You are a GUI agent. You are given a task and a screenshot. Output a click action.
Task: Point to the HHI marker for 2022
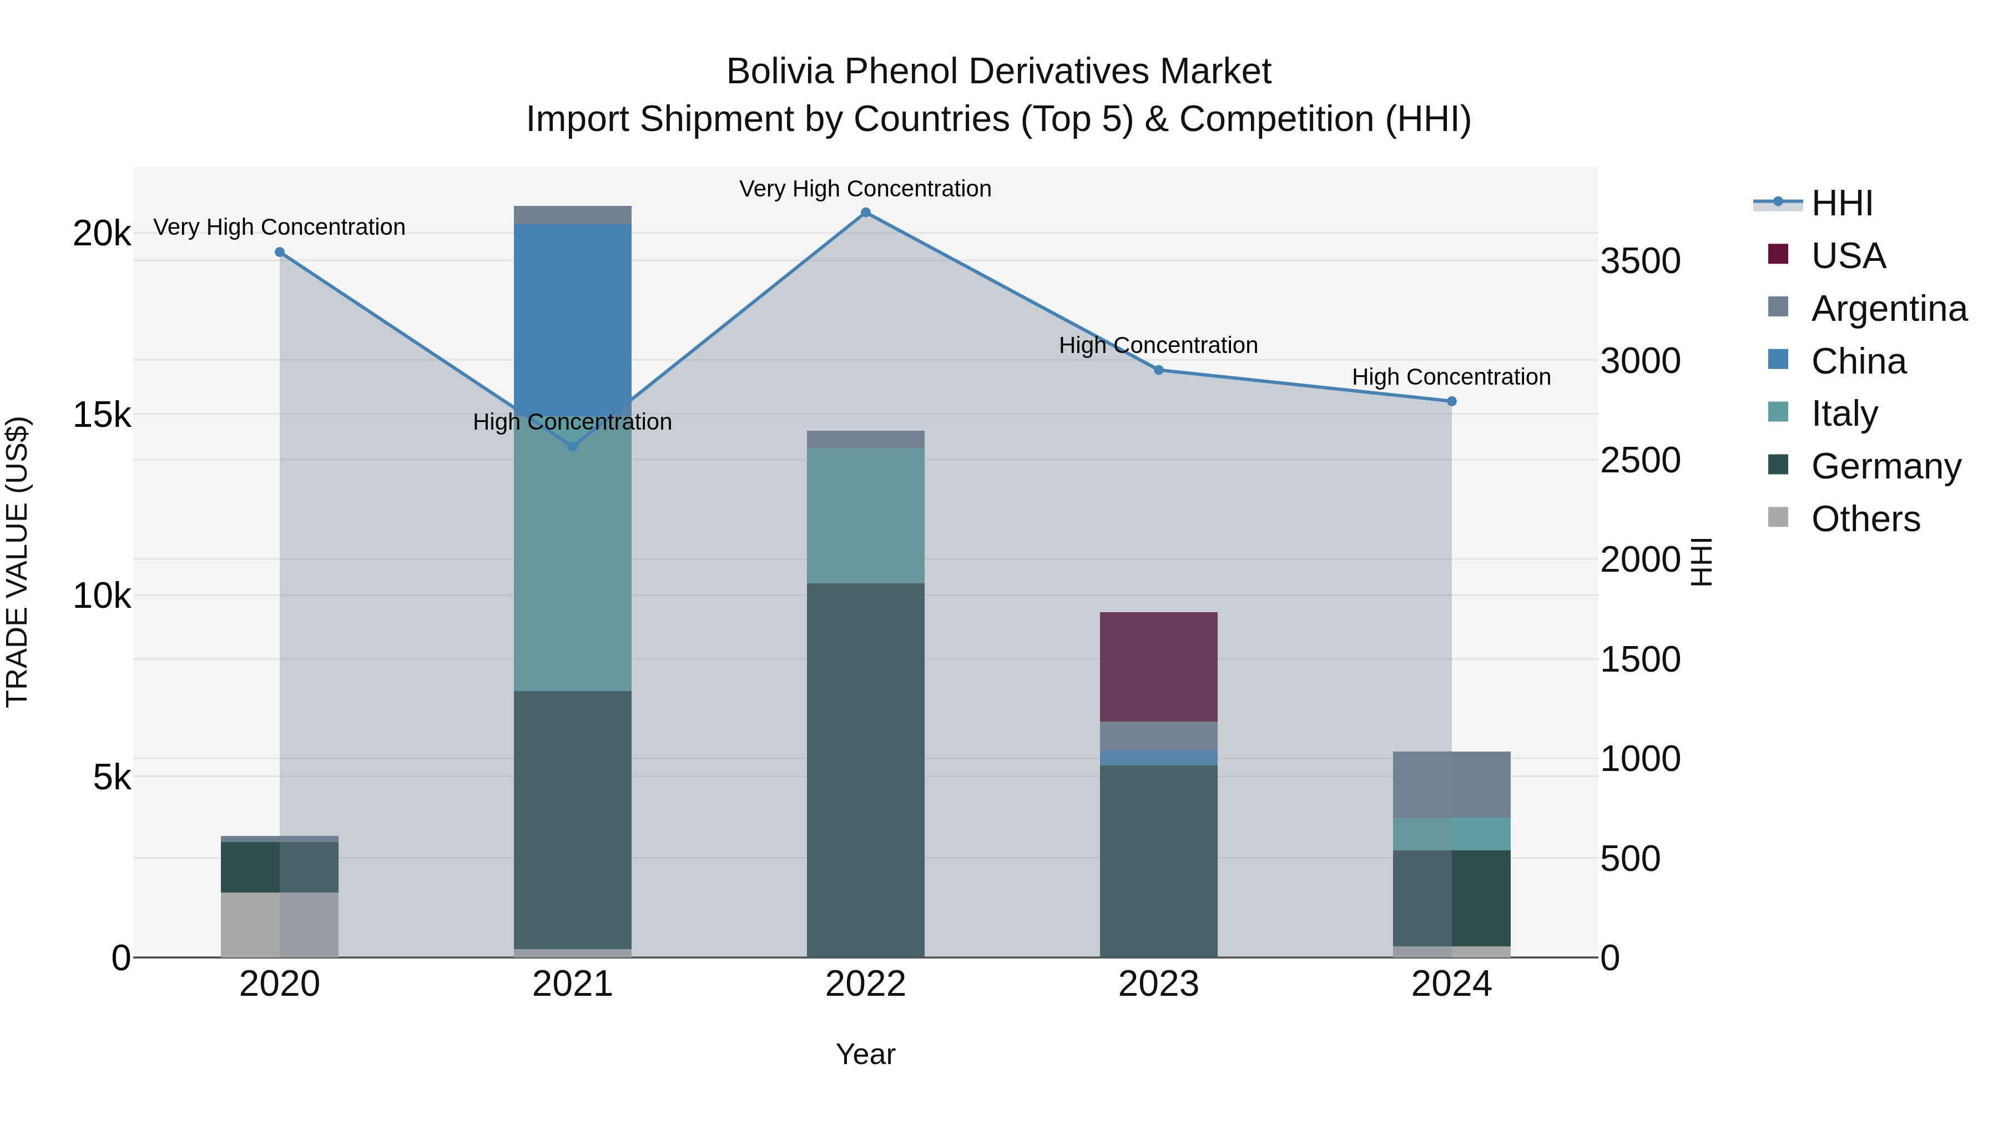pos(866,213)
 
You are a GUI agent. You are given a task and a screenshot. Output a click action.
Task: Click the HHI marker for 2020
pos(280,252)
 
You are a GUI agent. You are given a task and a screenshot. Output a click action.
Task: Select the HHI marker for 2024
pos(1451,401)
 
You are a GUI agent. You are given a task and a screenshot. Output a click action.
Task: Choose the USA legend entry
pos(1848,256)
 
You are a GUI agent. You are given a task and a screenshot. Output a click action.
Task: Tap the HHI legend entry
pos(1841,203)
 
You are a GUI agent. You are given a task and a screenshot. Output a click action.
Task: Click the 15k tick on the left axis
pos(102,415)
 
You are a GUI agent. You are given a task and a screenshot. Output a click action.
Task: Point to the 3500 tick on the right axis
pos(1639,261)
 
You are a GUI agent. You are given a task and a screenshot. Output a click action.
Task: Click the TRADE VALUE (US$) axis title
pos(18,562)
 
